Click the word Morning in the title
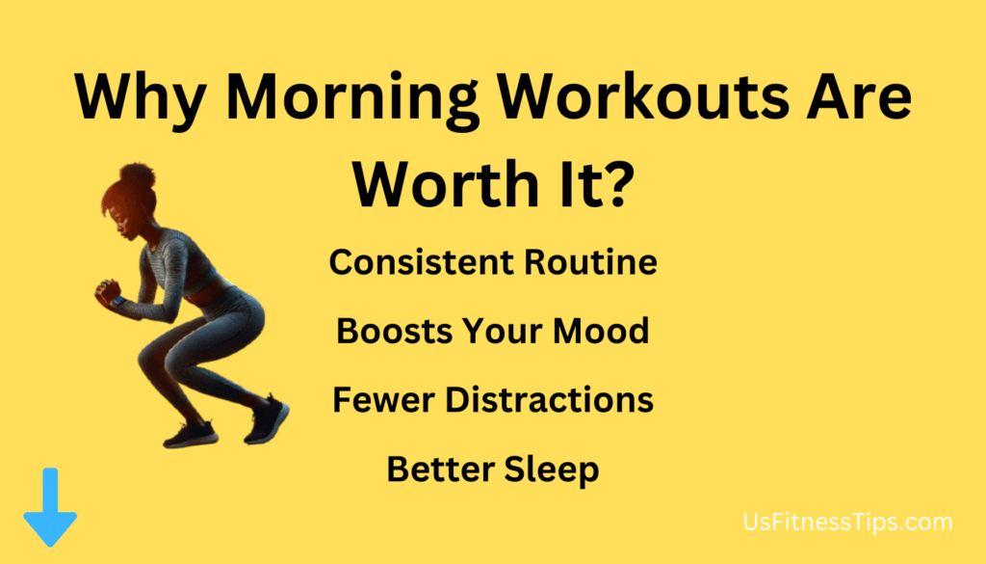pyautogui.click(x=352, y=99)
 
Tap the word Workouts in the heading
pyautogui.click(x=643, y=96)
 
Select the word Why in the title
pyautogui.click(x=141, y=100)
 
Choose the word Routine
pyautogui.click(x=591, y=262)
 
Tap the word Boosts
pyautogui.click(x=394, y=331)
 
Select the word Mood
pyautogui.click(x=601, y=331)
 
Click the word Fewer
pyautogui.click(x=383, y=400)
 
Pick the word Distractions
pyautogui.click(x=550, y=400)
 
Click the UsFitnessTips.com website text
pyautogui.click(x=847, y=523)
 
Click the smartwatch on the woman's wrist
pyautogui.click(x=117, y=302)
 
